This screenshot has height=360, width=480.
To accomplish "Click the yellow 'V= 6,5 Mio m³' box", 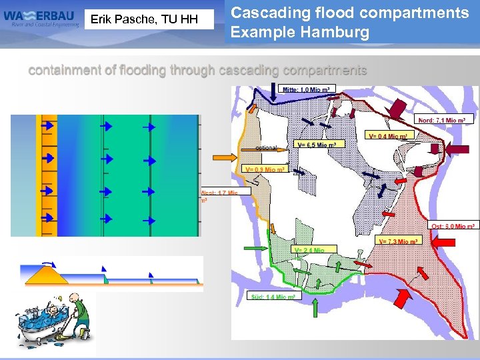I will [316, 144].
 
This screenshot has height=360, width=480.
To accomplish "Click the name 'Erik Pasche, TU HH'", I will [144, 19].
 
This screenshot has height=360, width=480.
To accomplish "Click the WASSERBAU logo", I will [40, 17].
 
